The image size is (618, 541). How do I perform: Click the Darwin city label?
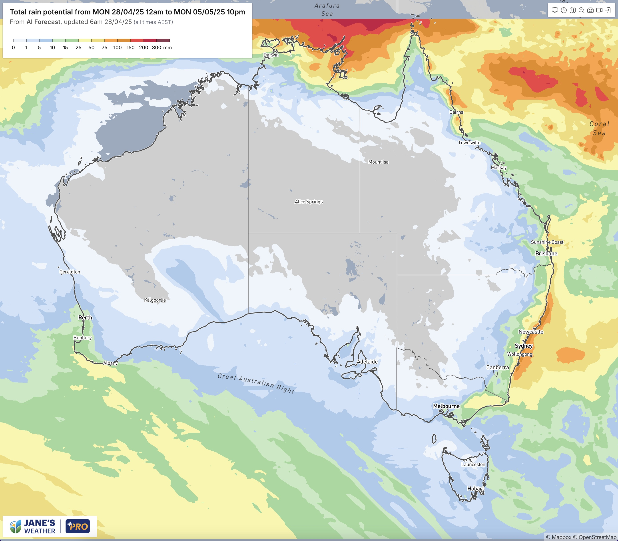tap(271, 55)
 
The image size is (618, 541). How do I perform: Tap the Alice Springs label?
tap(309, 202)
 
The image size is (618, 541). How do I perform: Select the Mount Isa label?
tap(378, 162)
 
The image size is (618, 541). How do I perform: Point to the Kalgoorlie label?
tap(155, 300)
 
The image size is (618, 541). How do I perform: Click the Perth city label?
tap(85, 318)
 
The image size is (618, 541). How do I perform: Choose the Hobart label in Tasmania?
tap(475, 488)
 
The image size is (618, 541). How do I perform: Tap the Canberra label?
tap(497, 367)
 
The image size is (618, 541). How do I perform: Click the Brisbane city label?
tap(546, 254)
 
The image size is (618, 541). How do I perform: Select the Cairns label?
tap(456, 112)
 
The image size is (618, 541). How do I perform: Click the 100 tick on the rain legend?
tap(117, 48)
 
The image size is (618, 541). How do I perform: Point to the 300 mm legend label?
tap(162, 48)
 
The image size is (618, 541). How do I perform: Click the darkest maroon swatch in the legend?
tap(163, 40)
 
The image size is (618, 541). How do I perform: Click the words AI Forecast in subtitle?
tap(44, 22)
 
